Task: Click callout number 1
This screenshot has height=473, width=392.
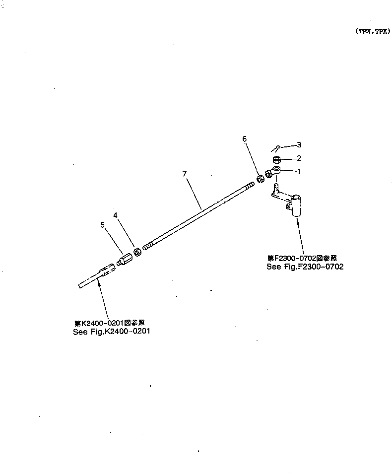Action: tap(299, 172)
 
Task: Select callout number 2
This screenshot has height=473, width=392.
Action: tap(299, 158)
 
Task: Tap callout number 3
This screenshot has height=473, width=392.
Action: tap(299, 145)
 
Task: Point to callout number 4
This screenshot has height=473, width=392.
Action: tap(115, 215)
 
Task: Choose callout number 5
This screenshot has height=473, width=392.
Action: tap(103, 224)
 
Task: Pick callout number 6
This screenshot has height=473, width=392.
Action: tap(244, 139)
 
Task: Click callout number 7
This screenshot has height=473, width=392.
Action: tap(184, 174)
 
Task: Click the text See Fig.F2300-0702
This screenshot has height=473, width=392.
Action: tap(305, 267)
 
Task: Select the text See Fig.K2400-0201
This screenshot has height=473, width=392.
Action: tap(111, 332)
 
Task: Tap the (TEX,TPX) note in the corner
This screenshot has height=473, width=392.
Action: tap(372, 31)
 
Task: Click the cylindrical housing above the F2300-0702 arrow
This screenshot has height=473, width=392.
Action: tap(297, 205)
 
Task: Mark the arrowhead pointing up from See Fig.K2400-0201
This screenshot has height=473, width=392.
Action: tap(99, 281)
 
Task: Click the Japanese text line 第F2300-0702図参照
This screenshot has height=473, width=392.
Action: tap(302, 258)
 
